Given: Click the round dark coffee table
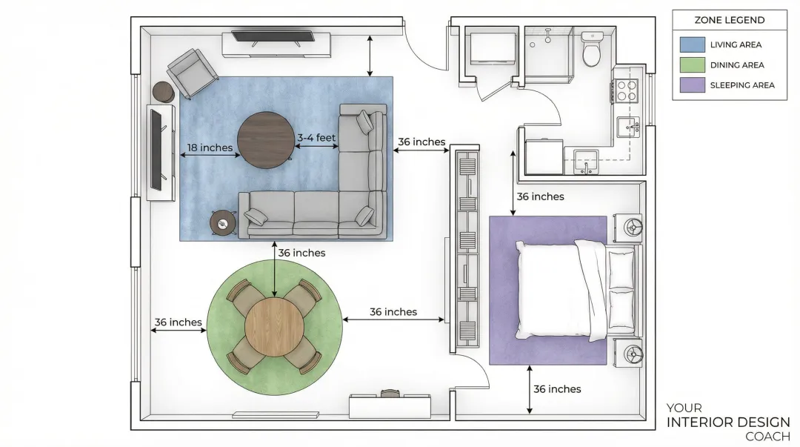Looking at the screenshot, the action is [x=266, y=140].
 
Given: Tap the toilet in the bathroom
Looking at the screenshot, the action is [x=592, y=50].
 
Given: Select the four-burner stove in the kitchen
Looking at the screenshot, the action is [x=625, y=91].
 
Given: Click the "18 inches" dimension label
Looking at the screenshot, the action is [x=210, y=148].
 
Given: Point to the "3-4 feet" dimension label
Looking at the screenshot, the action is [x=316, y=137].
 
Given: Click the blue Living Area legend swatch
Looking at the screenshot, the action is [x=693, y=44].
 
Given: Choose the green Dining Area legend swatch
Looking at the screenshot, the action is [x=693, y=65].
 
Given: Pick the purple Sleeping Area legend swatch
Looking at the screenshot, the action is [x=693, y=85].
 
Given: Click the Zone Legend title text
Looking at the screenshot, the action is [x=730, y=20].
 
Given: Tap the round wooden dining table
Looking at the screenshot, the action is [x=275, y=327].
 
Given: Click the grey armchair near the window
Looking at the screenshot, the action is [x=193, y=73].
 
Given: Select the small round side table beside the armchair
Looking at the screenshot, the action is [x=163, y=93].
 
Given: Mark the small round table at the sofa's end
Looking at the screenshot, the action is [x=223, y=223].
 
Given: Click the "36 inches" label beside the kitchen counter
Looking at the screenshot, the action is [x=540, y=196].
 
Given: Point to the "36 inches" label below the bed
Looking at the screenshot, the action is [x=557, y=389].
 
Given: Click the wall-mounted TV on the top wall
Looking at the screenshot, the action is [x=273, y=37].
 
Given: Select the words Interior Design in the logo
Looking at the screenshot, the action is [x=728, y=423].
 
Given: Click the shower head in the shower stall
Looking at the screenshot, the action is [x=548, y=36].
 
